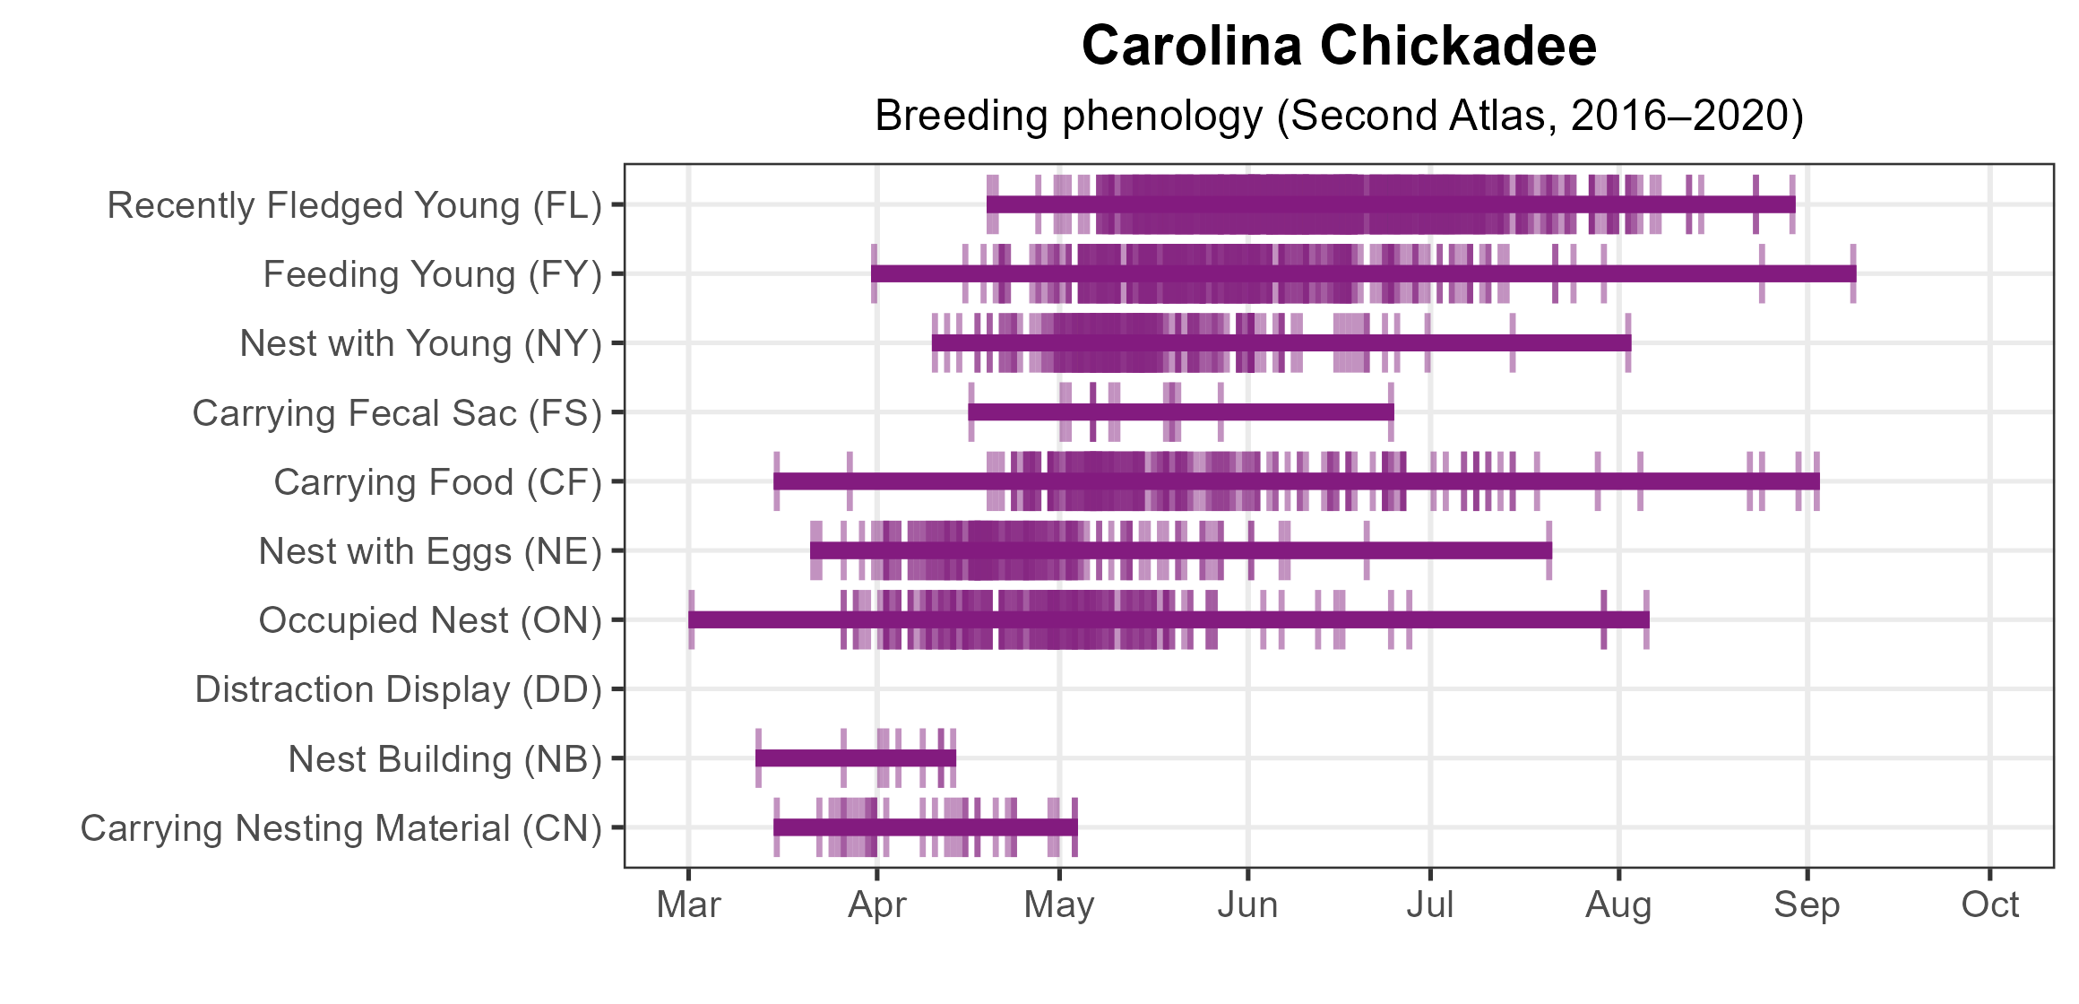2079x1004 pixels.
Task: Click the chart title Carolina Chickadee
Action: [x=1339, y=47]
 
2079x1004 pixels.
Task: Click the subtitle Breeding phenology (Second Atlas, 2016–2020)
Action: [x=1339, y=116]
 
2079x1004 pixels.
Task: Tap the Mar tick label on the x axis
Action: [x=688, y=905]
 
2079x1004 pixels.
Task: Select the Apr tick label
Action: [x=877, y=905]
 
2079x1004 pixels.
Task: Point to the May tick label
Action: [x=1059, y=905]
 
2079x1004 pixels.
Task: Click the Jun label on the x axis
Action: [x=1247, y=905]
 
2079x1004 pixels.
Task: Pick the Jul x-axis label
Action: [x=1430, y=905]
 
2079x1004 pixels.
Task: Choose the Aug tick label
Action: [x=1618, y=905]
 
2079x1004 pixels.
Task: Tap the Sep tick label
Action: [x=1807, y=905]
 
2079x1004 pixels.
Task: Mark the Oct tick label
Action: [x=1989, y=905]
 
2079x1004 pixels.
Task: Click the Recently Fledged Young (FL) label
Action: [x=355, y=205]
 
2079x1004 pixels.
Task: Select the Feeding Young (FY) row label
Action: [x=433, y=274]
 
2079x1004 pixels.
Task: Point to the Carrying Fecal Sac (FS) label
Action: [x=397, y=413]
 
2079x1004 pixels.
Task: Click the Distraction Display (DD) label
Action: [x=399, y=689]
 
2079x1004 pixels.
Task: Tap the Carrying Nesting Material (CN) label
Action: [x=341, y=828]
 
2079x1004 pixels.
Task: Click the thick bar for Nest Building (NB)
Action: [x=856, y=758]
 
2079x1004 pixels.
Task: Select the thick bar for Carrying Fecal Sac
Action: [x=1181, y=412]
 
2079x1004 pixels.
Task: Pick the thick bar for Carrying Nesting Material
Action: [x=926, y=827]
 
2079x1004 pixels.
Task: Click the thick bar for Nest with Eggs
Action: [x=1181, y=550]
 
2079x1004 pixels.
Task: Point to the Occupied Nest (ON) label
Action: [x=430, y=620]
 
